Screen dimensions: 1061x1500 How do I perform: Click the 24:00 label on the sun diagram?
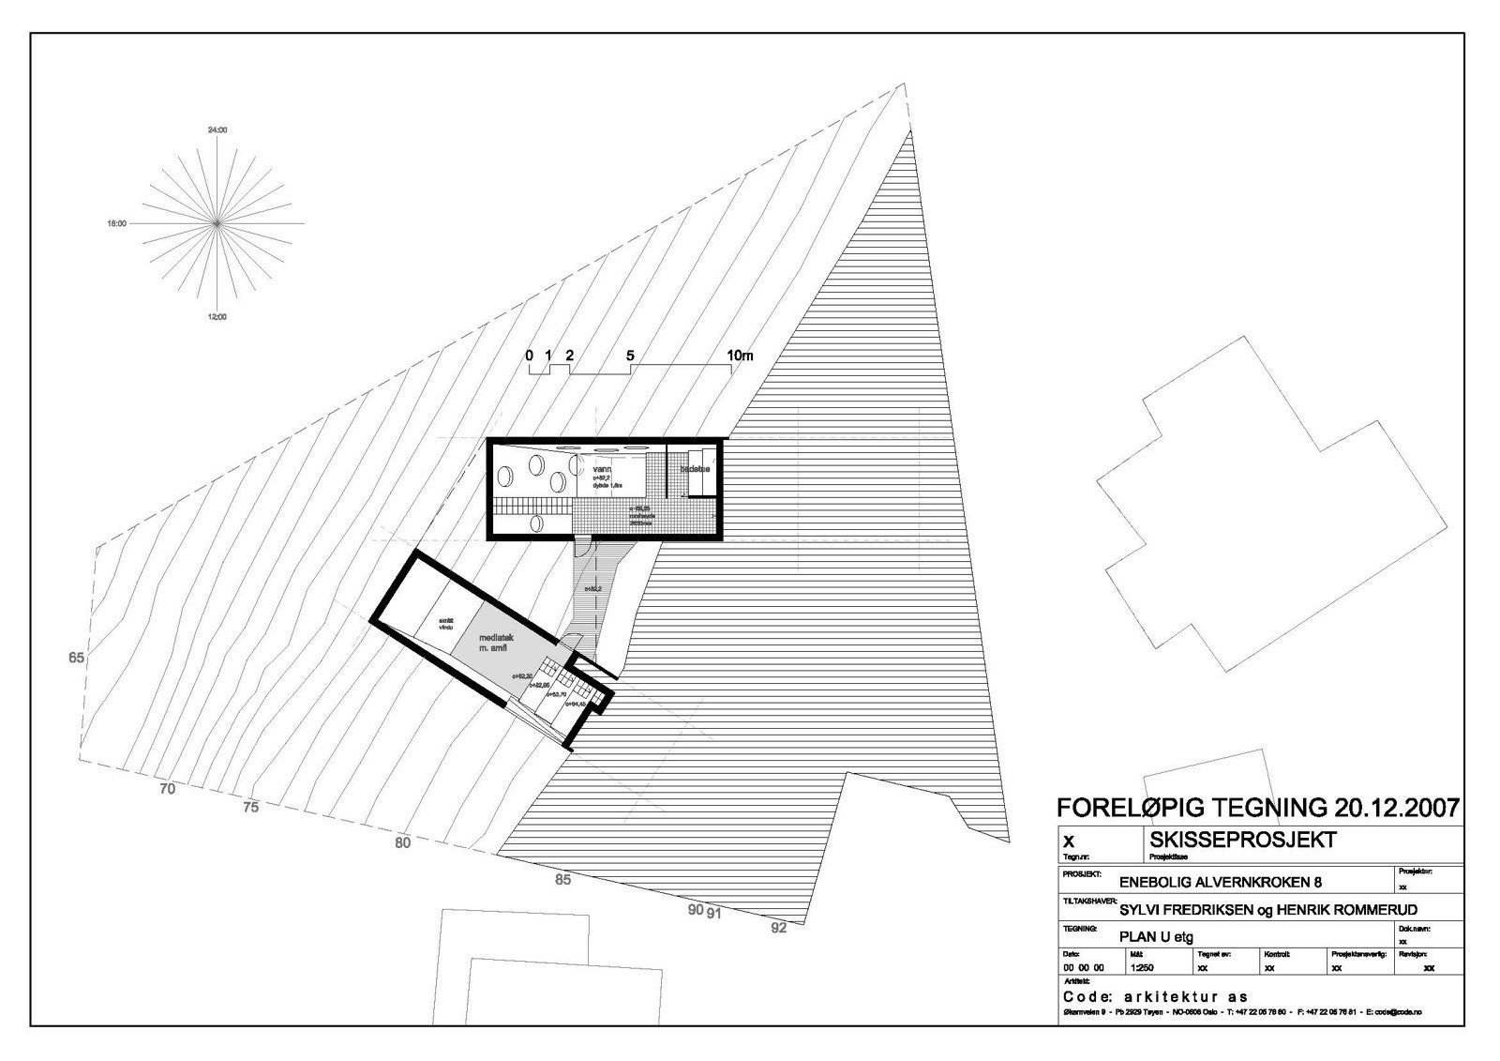point(217,129)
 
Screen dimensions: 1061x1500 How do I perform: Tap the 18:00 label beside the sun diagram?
point(116,224)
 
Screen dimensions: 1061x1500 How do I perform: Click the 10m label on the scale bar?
point(741,356)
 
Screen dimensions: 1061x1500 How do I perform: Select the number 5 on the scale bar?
point(630,356)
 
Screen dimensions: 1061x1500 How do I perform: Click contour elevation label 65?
point(77,658)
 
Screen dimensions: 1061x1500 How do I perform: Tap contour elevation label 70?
point(167,789)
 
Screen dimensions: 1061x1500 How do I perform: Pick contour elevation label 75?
point(249,807)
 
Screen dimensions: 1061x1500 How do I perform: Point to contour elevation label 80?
point(402,842)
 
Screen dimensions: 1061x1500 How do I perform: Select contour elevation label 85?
point(562,880)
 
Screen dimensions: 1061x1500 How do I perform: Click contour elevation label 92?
point(779,928)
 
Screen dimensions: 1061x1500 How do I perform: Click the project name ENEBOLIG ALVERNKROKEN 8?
point(1214,882)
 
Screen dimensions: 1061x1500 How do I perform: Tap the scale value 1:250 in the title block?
point(1142,967)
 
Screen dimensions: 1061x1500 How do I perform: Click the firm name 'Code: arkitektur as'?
point(1155,996)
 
